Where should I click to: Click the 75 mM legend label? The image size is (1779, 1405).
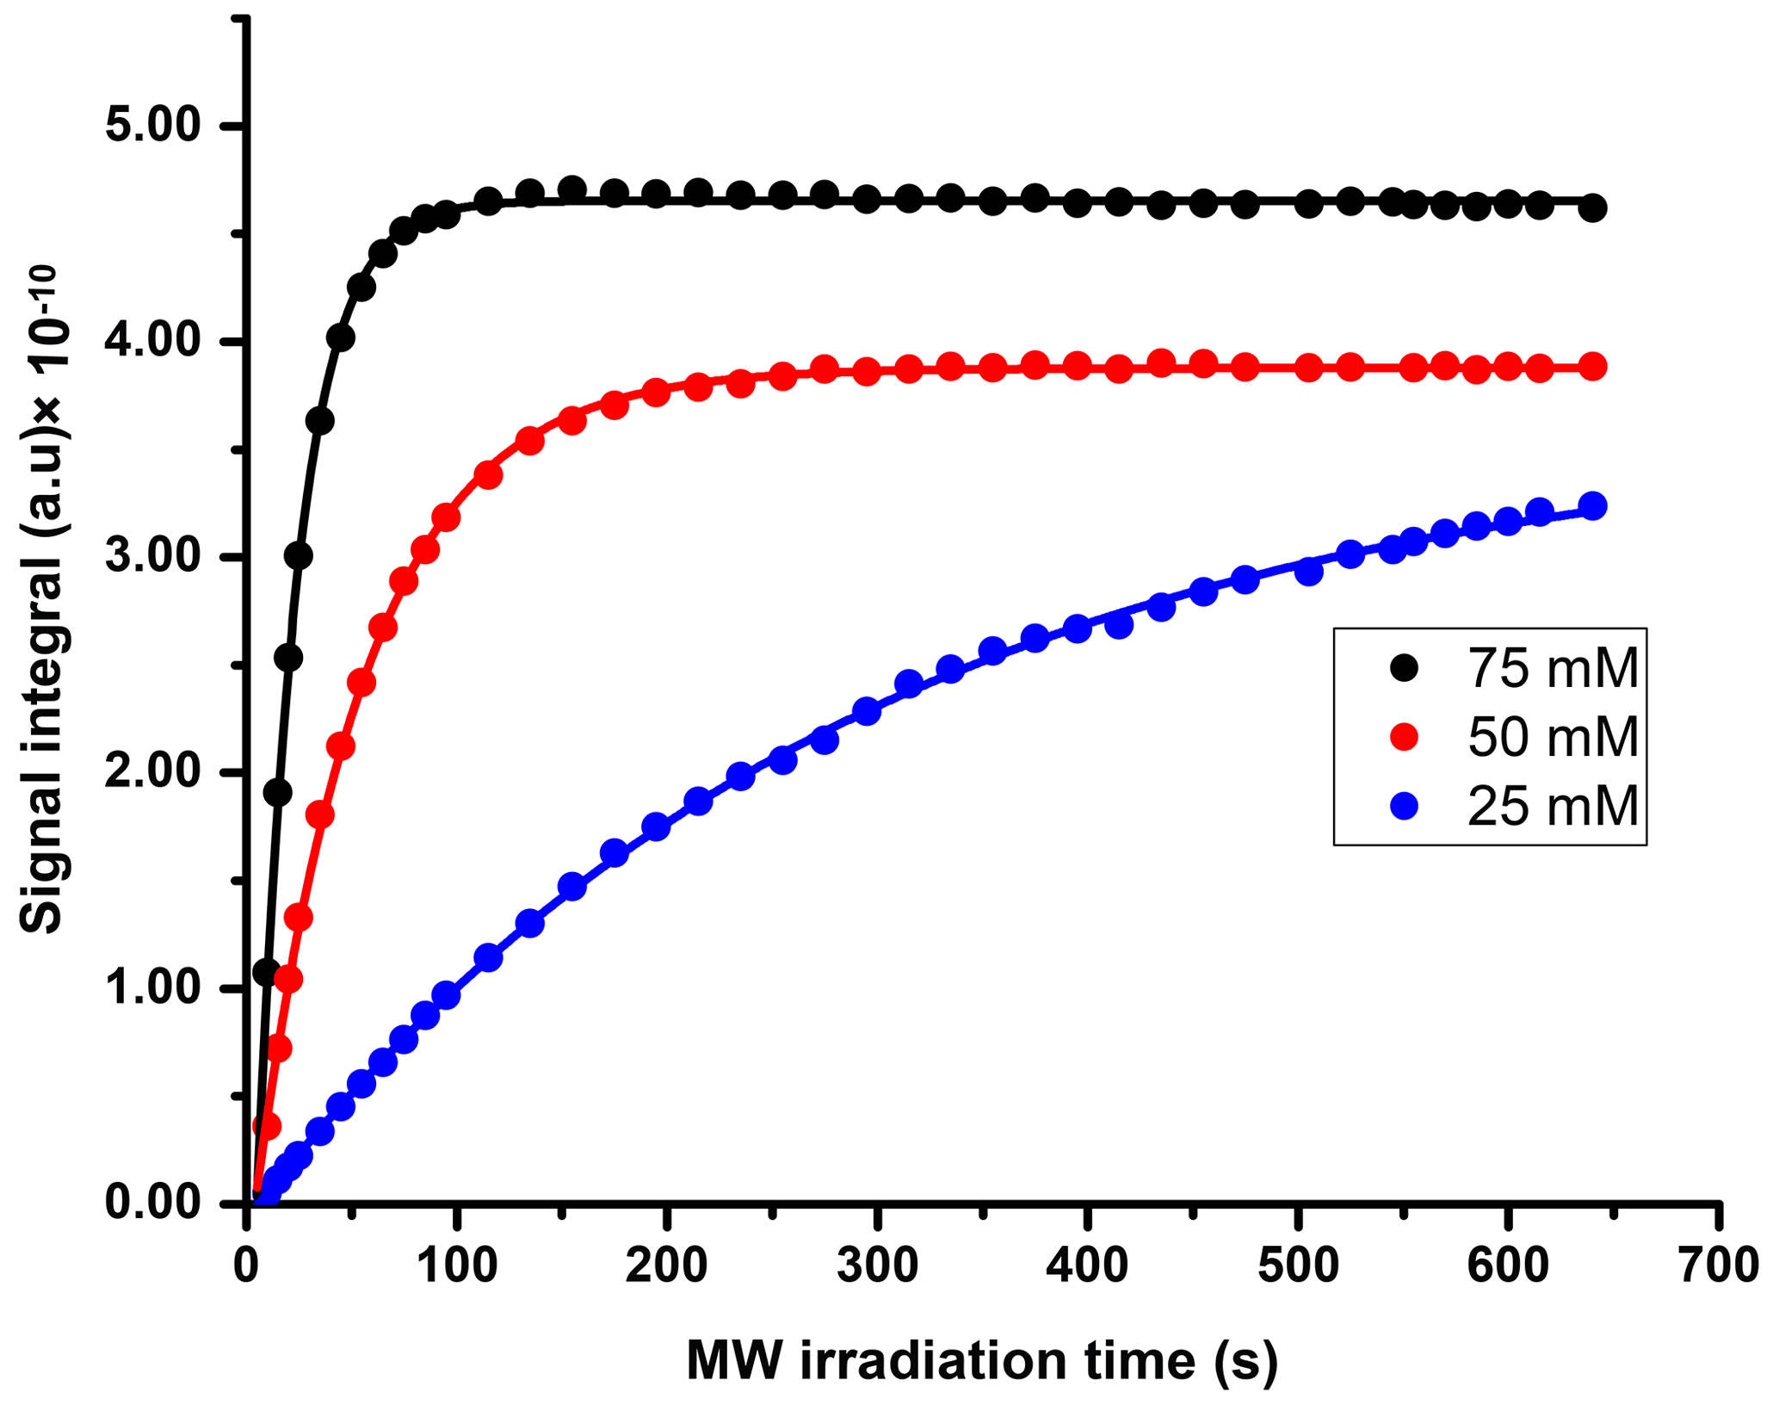[1553, 668]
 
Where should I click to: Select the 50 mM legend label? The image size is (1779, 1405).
[1553, 738]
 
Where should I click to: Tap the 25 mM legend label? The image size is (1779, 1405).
[1553, 807]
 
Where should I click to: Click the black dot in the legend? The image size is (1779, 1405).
[1405, 667]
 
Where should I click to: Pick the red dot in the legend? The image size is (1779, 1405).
[1405, 737]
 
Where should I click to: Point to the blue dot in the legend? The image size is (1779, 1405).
[1405, 807]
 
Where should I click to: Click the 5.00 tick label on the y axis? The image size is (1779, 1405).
[152, 127]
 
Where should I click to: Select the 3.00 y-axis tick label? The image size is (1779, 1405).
[152, 557]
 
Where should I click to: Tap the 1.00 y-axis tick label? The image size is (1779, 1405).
[152, 988]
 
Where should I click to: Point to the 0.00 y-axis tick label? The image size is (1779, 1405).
[152, 1203]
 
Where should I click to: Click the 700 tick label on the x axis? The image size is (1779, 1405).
[1717, 1266]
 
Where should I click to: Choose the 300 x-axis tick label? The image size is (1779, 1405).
[877, 1266]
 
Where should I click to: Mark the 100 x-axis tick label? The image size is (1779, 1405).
[457, 1266]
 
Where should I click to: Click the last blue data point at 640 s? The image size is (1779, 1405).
[1592, 505]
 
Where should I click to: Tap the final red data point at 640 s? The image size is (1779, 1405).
[1592, 367]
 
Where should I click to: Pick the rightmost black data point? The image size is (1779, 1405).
[1592, 208]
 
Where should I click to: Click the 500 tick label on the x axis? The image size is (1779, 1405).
[1297, 1266]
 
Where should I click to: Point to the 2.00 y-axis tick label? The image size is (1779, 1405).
[152, 772]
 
